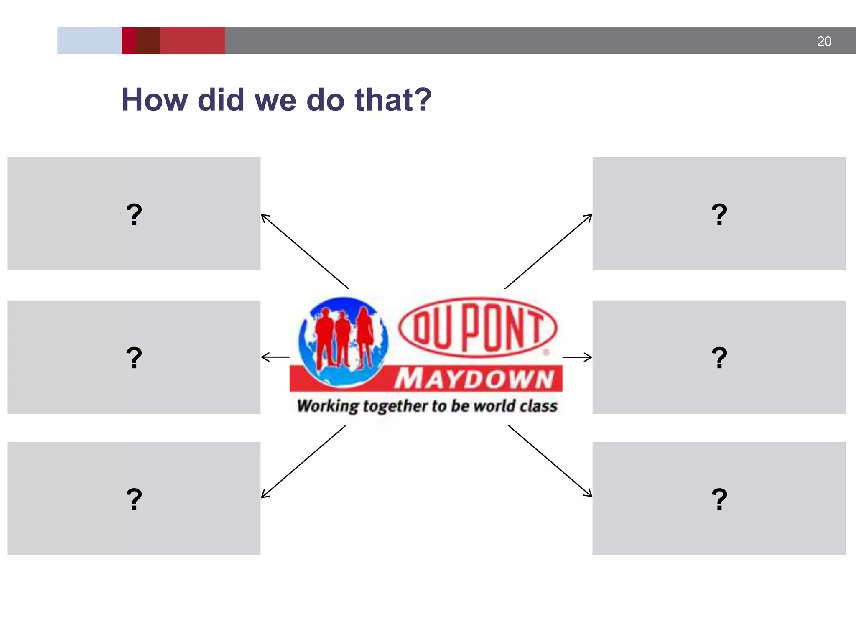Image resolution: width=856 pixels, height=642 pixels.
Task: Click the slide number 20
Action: click(x=824, y=41)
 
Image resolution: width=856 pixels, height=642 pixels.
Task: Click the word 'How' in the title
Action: click(x=154, y=100)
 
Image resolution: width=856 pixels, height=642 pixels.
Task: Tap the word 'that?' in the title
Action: click(x=392, y=100)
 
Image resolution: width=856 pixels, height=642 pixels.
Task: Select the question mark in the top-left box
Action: click(x=134, y=214)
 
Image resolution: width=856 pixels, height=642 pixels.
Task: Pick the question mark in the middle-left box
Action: click(x=134, y=358)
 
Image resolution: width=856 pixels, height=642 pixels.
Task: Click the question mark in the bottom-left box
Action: click(x=134, y=499)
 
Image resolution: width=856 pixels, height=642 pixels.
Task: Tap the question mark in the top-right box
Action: click(x=719, y=214)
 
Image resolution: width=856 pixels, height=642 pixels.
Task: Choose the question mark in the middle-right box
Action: click(x=719, y=358)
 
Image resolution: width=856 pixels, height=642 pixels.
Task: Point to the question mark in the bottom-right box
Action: click(x=719, y=499)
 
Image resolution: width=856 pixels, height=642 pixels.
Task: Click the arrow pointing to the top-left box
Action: click(x=305, y=251)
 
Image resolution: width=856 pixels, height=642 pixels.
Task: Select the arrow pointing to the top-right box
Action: click(x=548, y=251)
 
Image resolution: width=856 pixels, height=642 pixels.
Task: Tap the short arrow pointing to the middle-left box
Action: click(x=275, y=357)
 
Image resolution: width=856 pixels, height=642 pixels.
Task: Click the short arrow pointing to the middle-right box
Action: click(x=578, y=357)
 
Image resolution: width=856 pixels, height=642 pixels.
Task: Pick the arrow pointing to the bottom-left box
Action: click(x=303, y=461)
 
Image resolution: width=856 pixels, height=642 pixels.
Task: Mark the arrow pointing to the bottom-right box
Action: click(x=550, y=461)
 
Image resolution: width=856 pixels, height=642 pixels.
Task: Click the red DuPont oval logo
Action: click(x=478, y=327)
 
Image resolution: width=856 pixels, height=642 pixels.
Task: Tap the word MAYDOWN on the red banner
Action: click(x=474, y=379)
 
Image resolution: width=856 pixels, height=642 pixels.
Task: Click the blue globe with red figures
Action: click(x=343, y=341)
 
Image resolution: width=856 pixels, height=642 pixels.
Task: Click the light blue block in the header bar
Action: click(x=89, y=41)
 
